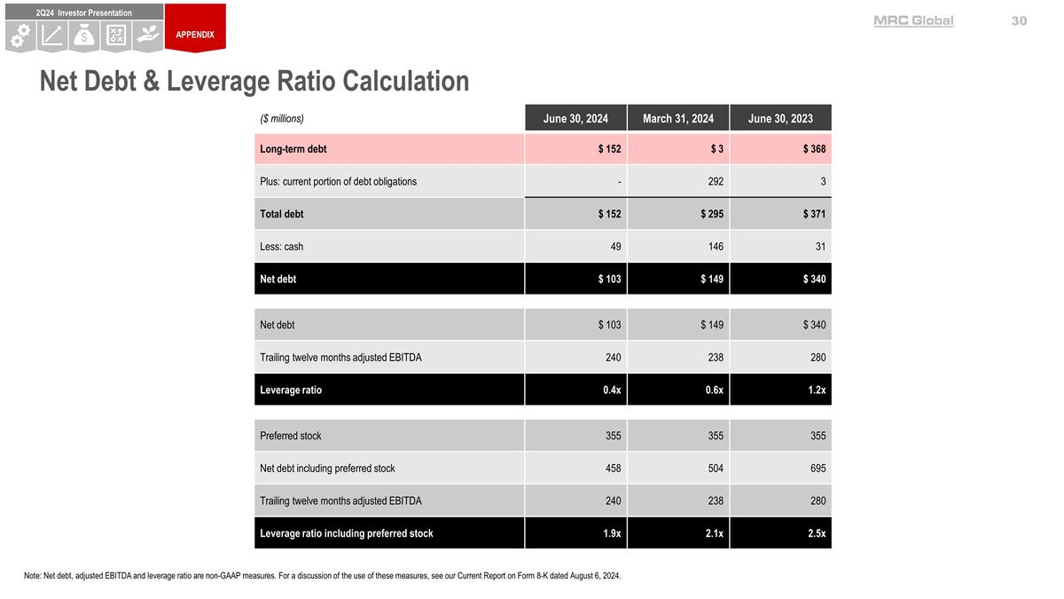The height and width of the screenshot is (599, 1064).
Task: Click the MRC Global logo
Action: (x=913, y=20)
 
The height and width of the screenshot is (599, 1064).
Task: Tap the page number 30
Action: (x=1019, y=20)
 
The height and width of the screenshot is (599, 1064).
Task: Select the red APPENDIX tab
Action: (x=195, y=35)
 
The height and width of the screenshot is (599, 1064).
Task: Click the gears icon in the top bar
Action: (x=20, y=35)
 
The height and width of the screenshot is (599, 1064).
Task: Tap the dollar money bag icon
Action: (x=84, y=35)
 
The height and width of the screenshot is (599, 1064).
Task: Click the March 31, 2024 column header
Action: (x=678, y=118)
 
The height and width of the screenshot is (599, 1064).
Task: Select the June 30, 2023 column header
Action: (x=780, y=118)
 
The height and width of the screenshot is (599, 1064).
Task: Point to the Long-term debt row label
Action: (x=293, y=149)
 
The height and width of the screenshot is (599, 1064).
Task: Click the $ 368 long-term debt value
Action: (x=814, y=149)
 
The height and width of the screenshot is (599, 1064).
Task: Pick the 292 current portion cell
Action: (x=715, y=182)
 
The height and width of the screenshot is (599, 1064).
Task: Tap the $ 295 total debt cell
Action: (x=711, y=214)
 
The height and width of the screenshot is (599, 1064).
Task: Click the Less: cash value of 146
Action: (x=715, y=247)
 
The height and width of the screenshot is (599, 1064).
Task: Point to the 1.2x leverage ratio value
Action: (x=816, y=390)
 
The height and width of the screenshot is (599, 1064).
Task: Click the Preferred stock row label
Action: (x=291, y=436)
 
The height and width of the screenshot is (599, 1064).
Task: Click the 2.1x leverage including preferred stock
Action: (x=713, y=533)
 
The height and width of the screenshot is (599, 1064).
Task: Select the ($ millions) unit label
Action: (x=282, y=118)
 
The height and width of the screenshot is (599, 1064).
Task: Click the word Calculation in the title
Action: (x=405, y=81)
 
